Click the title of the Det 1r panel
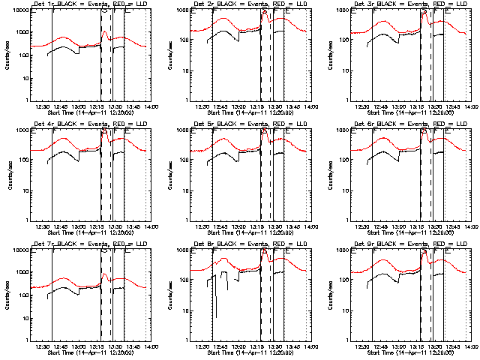pyautogui.click(x=90, y=4)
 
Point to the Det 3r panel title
pyautogui.click(x=410, y=4)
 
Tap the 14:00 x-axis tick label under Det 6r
pyautogui.click(x=469, y=226)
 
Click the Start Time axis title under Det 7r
pyautogui.click(x=90, y=353)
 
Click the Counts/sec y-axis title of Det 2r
pyautogui.click(x=166, y=55)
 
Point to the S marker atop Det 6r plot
pyautogui.click(x=424, y=130)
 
